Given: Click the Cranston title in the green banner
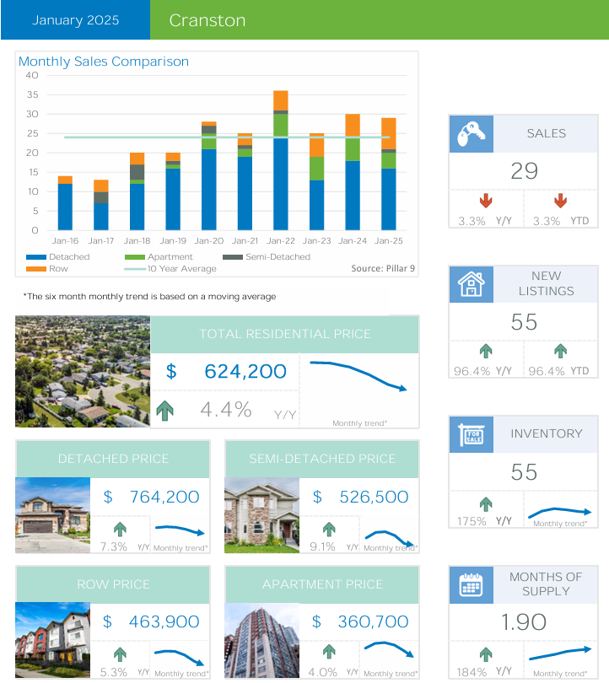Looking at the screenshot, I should click(207, 20).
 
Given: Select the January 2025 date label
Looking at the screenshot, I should click(75, 20).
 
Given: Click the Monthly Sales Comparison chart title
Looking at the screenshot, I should click(104, 62).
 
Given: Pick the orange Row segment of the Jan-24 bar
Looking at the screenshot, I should click(353, 126).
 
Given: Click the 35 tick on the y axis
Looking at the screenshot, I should click(32, 114).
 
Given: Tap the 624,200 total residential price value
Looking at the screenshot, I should click(245, 371).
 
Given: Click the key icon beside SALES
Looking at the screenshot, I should click(471, 133).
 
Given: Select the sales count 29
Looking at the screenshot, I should click(524, 171).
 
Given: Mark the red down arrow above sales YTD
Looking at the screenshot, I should click(560, 202).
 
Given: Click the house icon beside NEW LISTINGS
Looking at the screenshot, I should click(471, 284).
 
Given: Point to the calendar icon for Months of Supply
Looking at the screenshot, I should click(471, 584).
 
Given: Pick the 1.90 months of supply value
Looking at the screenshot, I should click(524, 622).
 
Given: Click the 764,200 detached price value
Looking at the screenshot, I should click(164, 497).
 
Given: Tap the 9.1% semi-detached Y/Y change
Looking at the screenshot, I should click(322, 546).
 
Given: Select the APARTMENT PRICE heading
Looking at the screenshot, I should click(322, 584).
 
